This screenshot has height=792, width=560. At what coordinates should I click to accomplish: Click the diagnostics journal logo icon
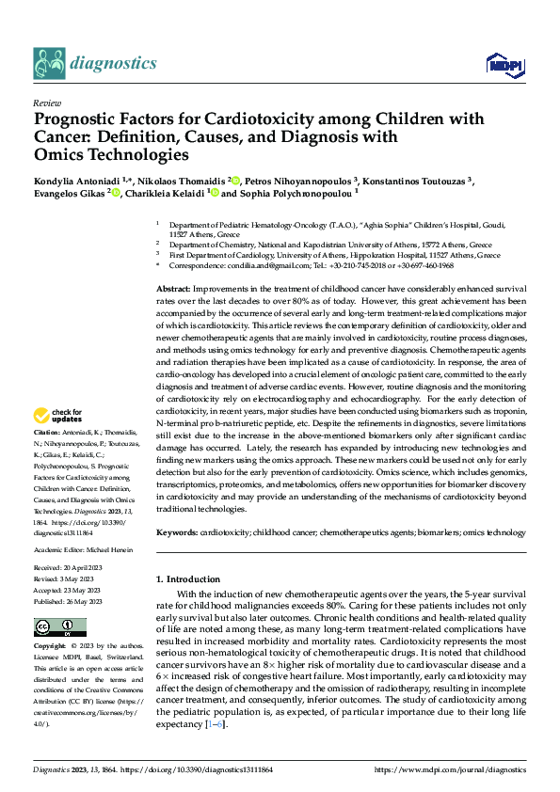(x=48, y=64)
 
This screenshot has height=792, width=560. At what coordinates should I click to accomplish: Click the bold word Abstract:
(x=173, y=289)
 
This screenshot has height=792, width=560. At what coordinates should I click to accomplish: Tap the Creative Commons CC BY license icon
(x=55, y=626)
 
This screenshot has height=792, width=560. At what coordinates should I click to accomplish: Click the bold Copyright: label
(x=51, y=647)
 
